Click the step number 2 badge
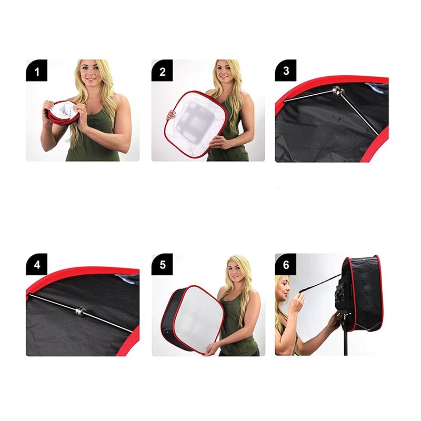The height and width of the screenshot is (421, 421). point(162,71)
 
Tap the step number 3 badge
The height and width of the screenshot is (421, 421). point(286,71)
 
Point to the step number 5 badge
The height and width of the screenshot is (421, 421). point(162,264)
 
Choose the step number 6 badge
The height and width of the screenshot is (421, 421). point(286,264)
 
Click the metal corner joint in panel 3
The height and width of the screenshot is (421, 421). point(339,93)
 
